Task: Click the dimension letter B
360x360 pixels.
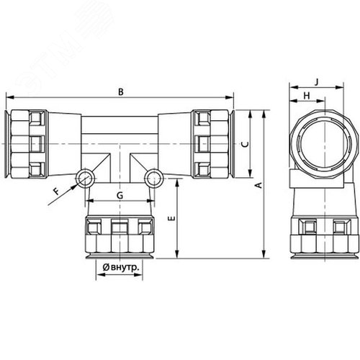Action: [x=121, y=91]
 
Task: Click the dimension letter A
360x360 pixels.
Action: [x=259, y=185]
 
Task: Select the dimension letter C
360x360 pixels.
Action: [x=245, y=144]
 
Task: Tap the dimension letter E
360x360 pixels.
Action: [x=172, y=218]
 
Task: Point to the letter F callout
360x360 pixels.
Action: [x=57, y=192]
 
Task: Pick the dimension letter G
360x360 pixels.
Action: [x=120, y=195]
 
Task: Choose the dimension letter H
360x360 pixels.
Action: [x=307, y=96]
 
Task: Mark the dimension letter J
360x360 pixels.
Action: [x=317, y=82]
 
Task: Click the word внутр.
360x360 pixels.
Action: [x=125, y=267]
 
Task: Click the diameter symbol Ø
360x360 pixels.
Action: [x=106, y=267]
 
